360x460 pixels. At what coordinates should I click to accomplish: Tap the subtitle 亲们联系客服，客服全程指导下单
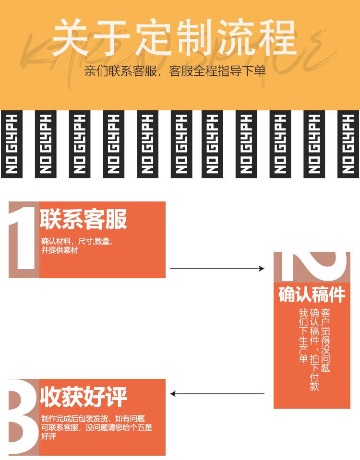click(x=175, y=71)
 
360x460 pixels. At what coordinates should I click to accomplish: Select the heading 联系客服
click(x=83, y=219)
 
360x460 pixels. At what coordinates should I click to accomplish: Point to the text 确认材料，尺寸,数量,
click(x=77, y=241)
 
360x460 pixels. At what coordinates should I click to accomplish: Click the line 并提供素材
click(x=60, y=250)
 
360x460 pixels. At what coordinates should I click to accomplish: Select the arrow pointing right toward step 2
click(x=217, y=269)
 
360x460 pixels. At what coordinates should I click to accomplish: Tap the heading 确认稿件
click(x=312, y=294)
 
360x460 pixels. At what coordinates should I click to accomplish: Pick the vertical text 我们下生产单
click(x=303, y=336)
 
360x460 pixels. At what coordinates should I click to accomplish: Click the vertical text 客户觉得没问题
click(x=325, y=340)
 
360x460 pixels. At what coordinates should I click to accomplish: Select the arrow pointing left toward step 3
click(x=217, y=394)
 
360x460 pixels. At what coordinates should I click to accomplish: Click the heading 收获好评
click(x=83, y=397)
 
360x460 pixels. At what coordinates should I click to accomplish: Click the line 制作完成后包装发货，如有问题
click(x=93, y=418)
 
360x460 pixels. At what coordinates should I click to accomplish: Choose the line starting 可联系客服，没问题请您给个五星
click(x=96, y=427)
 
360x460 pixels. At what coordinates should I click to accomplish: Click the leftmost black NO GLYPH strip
click(x=12, y=144)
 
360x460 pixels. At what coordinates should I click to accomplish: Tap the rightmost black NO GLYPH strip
click(x=348, y=144)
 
